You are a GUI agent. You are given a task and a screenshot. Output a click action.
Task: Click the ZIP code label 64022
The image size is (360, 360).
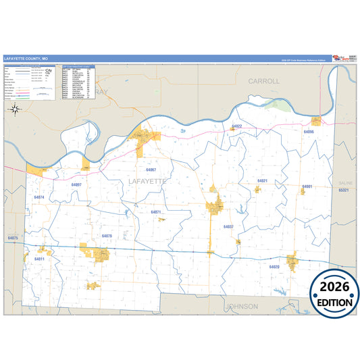point(236,126)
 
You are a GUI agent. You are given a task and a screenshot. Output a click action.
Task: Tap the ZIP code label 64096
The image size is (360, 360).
point(309,132)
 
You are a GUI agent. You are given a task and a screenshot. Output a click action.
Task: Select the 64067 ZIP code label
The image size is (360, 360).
point(151,170)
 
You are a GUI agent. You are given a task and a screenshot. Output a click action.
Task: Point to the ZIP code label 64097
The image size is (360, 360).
point(76,184)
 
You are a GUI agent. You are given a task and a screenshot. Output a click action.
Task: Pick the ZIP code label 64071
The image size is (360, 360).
point(156,212)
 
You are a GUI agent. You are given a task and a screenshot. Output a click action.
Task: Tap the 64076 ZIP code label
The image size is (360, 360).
point(107,236)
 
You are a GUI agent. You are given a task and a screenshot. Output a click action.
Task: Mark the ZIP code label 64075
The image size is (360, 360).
point(12,238)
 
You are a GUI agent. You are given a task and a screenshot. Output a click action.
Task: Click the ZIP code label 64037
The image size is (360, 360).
point(228,227)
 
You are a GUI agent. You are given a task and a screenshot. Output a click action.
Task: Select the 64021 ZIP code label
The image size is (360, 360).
point(262,181)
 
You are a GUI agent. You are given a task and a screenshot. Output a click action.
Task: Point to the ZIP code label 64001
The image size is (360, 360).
point(307,186)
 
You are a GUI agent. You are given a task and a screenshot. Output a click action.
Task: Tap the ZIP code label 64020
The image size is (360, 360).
point(274,267)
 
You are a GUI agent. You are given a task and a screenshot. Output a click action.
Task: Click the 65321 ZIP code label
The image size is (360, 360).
point(343,190)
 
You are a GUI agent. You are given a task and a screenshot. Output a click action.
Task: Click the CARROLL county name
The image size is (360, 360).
point(263,81)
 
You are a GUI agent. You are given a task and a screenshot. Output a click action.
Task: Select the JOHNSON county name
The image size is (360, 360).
point(242,306)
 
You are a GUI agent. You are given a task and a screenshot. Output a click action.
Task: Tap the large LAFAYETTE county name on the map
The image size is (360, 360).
point(147,182)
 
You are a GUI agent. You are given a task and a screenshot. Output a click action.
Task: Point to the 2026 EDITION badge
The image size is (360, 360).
point(334,295)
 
